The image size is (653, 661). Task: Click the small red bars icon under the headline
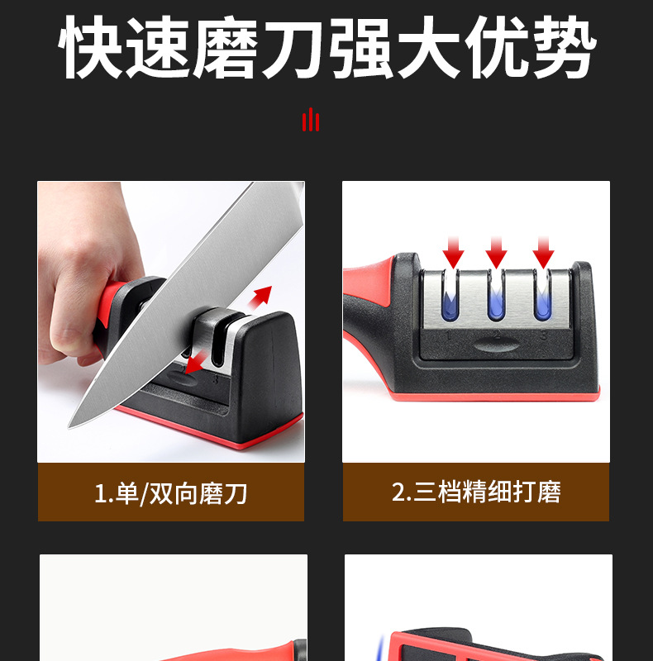click(310, 120)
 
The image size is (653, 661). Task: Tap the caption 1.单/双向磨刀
click(170, 493)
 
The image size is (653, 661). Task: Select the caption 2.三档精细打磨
click(476, 492)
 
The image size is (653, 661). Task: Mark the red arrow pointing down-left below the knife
click(193, 364)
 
